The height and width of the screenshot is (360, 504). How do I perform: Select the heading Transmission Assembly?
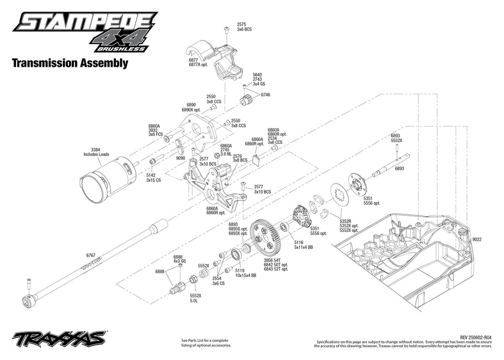tap(69, 63)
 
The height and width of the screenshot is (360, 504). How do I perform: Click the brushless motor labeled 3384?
tap(105, 172)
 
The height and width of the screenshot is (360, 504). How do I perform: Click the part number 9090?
tap(180, 158)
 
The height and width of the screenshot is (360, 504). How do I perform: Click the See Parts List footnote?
tap(205, 343)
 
